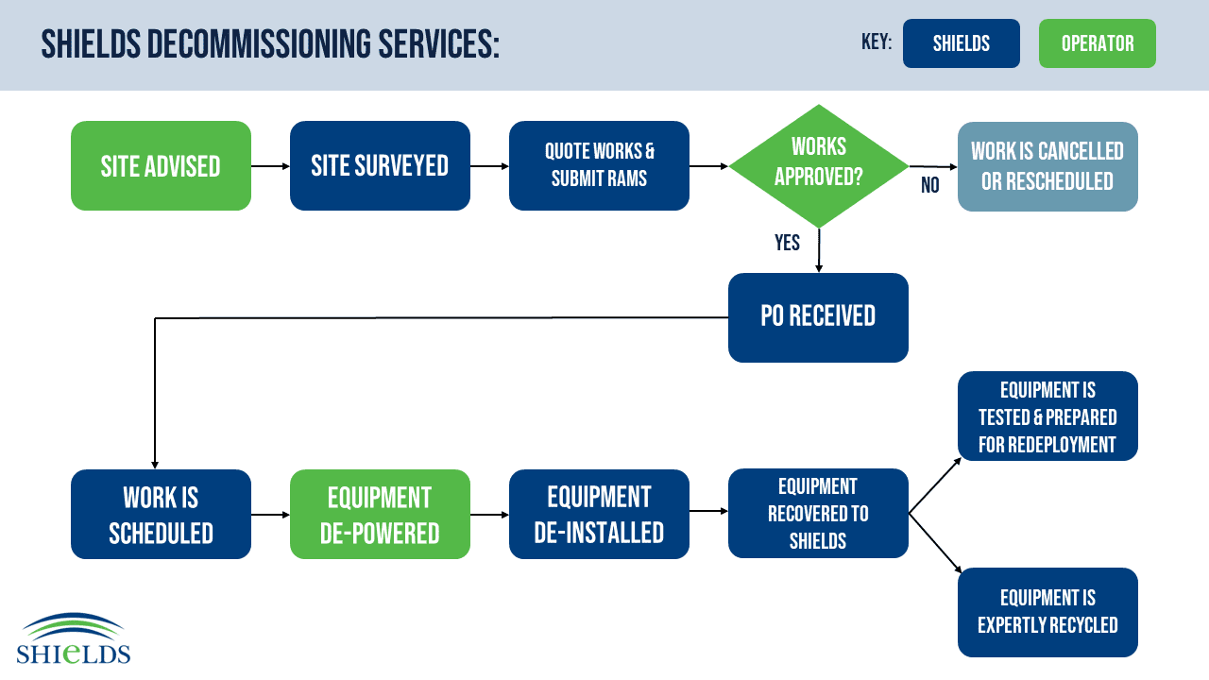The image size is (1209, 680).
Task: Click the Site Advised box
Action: (x=161, y=165)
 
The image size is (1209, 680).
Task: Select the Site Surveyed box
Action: (x=380, y=165)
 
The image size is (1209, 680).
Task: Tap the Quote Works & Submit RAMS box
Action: (x=599, y=165)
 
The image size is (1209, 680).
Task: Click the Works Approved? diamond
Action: (x=819, y=166)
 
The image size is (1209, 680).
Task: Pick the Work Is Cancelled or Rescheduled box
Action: (x=1047, y=166)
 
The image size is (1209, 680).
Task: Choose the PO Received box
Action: (x=818, y=317)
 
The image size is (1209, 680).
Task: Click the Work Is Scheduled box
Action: (x=161, y=515)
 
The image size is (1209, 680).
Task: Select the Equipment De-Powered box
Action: (x=380, y=515)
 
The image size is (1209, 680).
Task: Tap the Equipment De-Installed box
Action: (x=599, y=515)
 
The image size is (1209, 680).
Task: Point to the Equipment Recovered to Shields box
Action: (x=818, y=513)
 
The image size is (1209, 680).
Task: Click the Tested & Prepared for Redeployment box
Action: (x=1047, y=416)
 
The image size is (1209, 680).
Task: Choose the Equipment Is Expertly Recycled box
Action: (x=1047, y=613)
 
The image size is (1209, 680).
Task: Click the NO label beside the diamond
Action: (x=930, y=185)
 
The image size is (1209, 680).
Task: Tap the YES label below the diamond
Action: (x=787, y=243)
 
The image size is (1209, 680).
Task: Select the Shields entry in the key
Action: (x=962, y=43)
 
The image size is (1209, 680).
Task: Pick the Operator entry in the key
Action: (x=1098, y=43)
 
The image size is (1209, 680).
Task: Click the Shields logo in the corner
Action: (x=74, y=637)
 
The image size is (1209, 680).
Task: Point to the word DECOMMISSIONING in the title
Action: (x=259, y=43)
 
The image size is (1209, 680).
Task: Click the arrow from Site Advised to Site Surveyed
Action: (x=270, y=166)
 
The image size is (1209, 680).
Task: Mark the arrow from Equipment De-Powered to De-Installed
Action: (x=489, y=515)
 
